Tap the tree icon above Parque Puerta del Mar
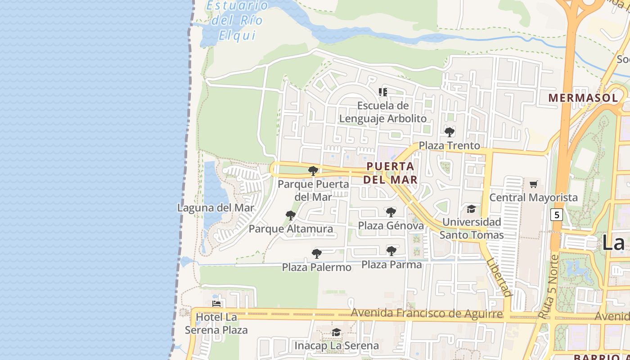pos(313,171)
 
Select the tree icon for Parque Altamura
pos(291,216)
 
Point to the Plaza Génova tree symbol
pos(391,212)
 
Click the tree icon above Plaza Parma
pos(391,251)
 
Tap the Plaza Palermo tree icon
pos(317,253)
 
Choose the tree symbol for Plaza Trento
pos(449,132)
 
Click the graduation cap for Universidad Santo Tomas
pos(471,209)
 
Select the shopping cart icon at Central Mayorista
pos(534,184)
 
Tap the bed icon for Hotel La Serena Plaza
pos(216,304)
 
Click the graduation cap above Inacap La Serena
pos(336,332)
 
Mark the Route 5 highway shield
pos(557,215)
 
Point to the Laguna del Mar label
pos(216,208)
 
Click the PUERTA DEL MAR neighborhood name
pos(390,173)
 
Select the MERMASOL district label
pos(583,98)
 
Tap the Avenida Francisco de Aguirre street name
pos(427,313)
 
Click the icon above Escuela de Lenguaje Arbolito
pos(383,92)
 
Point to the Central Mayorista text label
pos(533,198)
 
